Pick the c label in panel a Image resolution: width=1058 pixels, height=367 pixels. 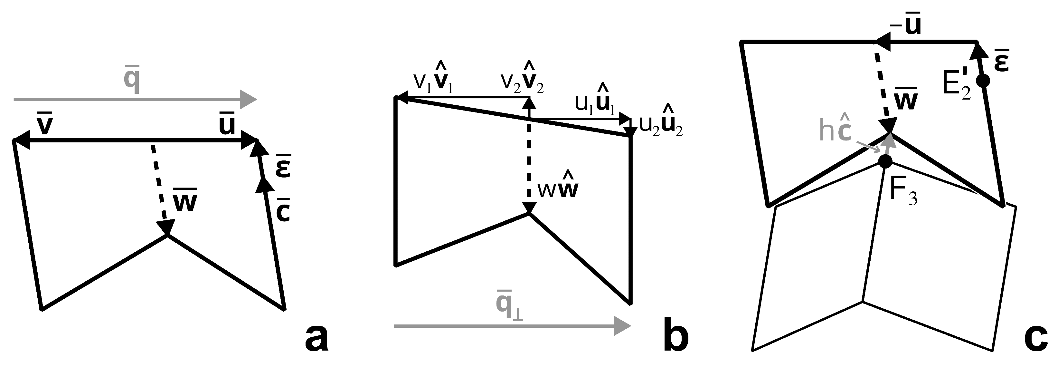click(x=283, y=210)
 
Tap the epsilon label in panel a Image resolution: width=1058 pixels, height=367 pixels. click(x=284, y=167)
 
